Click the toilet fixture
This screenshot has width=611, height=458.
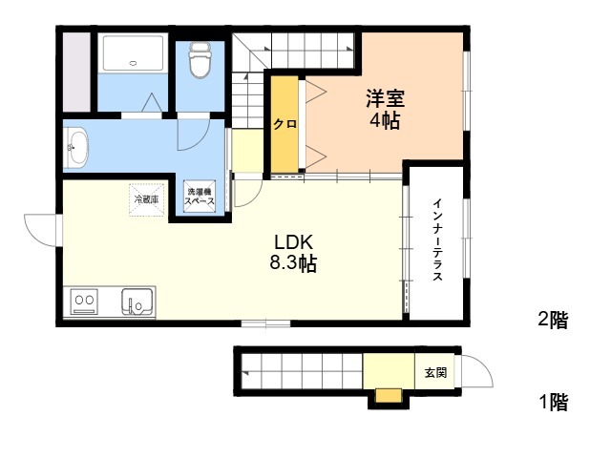pyautogui.click(x=200, y=60)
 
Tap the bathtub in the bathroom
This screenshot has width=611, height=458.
pyautogui.click(x=133, y=53)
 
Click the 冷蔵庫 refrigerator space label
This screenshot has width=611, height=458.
pyautogui.click(x=146, y=199)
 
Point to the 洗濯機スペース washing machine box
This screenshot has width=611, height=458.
pyautogui.click(x=200, y=197)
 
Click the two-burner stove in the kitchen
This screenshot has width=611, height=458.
pyautogui.click(x=84, y=301)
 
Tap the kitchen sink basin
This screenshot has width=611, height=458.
pyautogui.click(x=137, y=302)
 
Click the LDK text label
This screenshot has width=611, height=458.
pyautogui.click(x=293, y=242)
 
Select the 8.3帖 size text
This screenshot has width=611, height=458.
pyautogui.click(x=293, y=263)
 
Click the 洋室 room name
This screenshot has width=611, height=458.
pyautogui.click(x=385, y=99)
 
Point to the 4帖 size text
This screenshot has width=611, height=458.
pyautogui.click(x=385, y=120)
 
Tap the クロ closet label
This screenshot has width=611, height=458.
pyautogui.click(x=284, y=124)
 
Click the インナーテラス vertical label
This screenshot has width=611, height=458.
pyautogui.click(x=438, y=239)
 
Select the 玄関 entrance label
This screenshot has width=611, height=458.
pyautogui.click(x=435, y=373)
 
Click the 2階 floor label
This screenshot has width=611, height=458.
pyautogui.click(x=554, y=321)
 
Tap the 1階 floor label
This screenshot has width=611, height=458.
pyautogui.click(x=554, y=402)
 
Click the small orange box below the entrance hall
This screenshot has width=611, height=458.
pyautogui.click(x=389, y=396)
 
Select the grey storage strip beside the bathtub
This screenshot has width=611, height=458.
pyautogui.click(x=76, y=73)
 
